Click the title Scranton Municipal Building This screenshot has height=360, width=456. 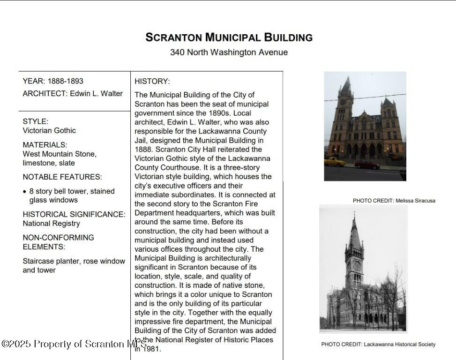229,37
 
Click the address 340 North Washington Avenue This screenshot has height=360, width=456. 229,52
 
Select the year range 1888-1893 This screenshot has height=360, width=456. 65,81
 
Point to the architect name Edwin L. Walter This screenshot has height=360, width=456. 96,93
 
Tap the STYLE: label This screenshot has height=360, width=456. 36,121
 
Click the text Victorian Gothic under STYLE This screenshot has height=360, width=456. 49,130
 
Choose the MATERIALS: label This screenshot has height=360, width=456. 45,145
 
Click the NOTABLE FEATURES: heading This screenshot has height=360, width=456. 62,177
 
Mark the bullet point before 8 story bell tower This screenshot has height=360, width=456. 24,192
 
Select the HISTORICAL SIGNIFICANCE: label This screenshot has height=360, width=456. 74,214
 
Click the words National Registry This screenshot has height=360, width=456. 52,223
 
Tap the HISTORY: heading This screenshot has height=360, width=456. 152,81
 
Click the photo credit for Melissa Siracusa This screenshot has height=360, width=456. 394,201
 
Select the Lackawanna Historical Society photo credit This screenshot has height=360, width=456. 378,345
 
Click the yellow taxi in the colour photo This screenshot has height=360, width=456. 334,161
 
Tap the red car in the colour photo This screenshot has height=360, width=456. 366,164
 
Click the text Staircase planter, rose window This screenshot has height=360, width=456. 74,261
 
